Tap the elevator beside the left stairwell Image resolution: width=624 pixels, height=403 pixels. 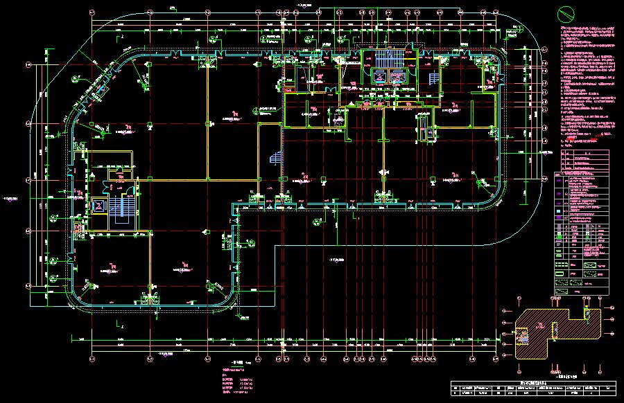[x=98, y=205]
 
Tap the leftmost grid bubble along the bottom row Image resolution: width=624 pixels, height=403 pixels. [x=92, y=359]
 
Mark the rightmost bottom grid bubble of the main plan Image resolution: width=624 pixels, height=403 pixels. [x=496, y=359]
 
